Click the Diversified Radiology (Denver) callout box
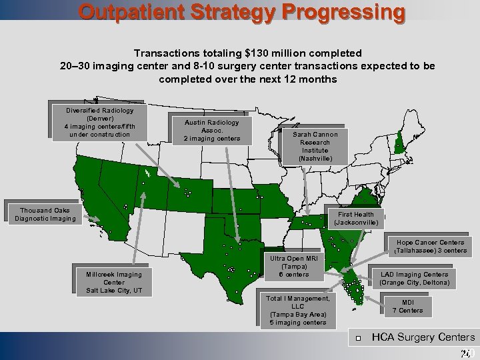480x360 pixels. tap(99, 123)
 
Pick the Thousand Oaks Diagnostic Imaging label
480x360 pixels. tap(45, 214)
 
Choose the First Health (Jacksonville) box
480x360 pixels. tap(355, 218)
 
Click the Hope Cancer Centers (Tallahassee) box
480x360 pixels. tap(430, 247)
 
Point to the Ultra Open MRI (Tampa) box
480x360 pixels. tap(294, 267)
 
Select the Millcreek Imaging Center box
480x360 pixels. tap(113, 282)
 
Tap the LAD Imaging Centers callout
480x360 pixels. tap(414, 278)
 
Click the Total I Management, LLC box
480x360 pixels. tap(297, 311)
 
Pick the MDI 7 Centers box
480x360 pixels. tap(407, 305)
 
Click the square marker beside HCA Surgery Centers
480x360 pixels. tap(358, 339)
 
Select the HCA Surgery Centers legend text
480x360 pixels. tap(423, 337)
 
